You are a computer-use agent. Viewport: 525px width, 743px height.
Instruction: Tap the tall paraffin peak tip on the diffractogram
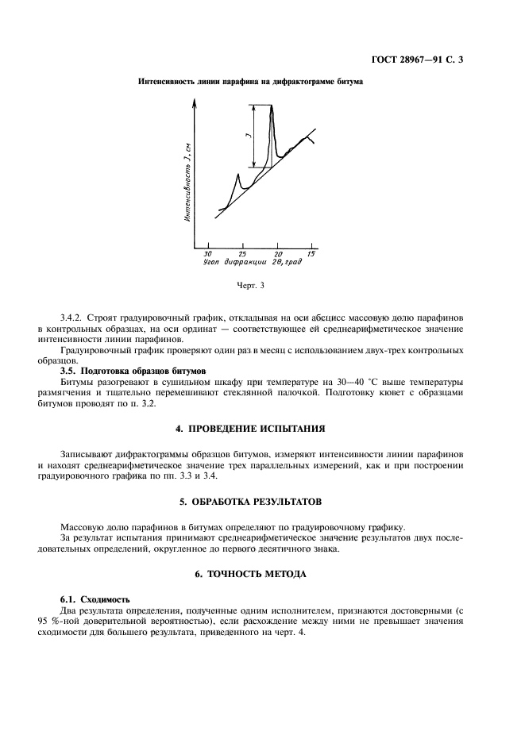tap(272, 106)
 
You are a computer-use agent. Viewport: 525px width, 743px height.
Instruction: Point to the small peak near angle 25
tap(238, 175)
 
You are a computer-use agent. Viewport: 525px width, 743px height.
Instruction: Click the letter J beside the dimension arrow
tap(248, 137)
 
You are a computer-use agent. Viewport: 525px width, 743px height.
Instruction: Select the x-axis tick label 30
tap(208, 253)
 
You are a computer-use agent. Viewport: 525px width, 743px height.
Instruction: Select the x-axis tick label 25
tap(242, 253)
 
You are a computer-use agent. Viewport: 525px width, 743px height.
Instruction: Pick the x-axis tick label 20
tap(278, 253)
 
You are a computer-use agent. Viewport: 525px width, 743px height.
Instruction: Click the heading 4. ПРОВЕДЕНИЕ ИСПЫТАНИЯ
tap(261, 428)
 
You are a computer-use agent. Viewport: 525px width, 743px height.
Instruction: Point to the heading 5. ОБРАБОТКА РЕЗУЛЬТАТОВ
tap(262, 502)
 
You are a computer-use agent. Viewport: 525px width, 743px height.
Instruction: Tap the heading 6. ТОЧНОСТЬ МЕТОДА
tap(261, 573)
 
